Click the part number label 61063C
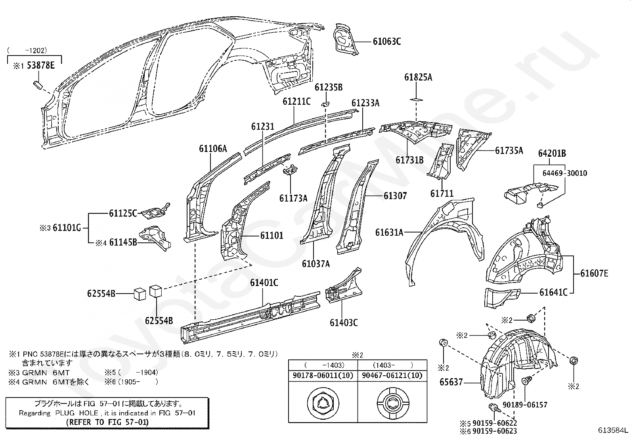click(386, 41)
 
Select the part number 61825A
click(418, 77)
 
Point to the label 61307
click(395, 196)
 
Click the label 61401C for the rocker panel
click(264, 282)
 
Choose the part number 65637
click(451, 382)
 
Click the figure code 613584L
click(614, 430)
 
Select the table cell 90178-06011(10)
click(323, 375)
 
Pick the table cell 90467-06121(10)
click(392, 375)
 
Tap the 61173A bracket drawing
click(291, 171)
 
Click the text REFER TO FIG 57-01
click(107, 422)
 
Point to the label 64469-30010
click(565, 173)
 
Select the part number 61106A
click(213, 149)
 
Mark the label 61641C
click(553, 293)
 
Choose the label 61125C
click(123, 214)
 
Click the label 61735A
click(509, 150)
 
